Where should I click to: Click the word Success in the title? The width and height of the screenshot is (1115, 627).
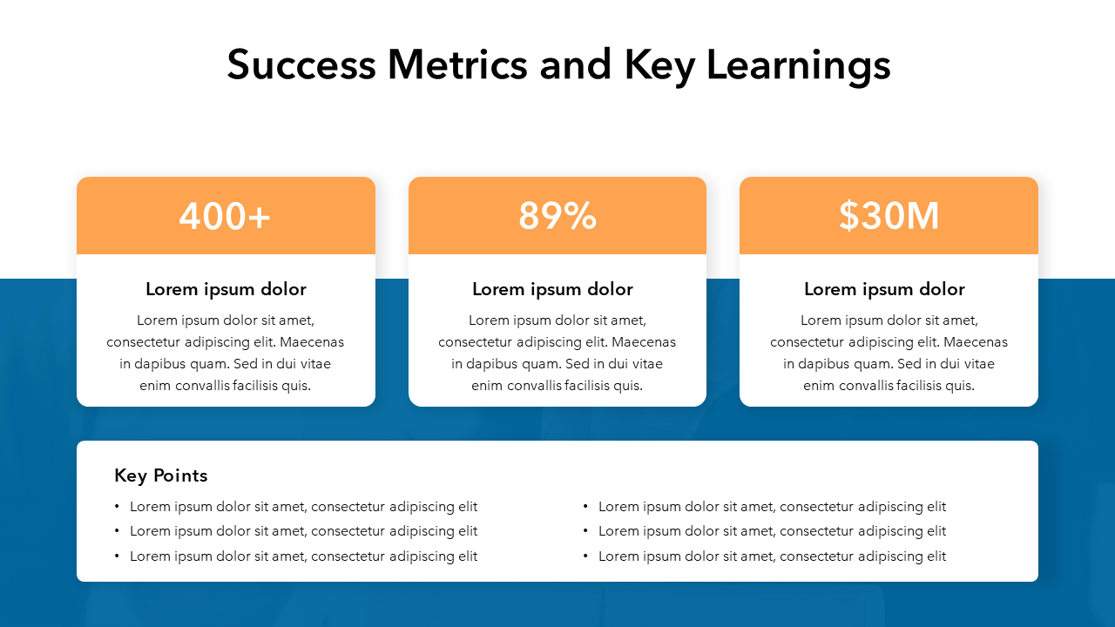point(301,64)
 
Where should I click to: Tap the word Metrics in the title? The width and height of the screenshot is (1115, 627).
point(457,64)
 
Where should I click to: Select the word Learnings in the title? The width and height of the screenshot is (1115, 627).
point(799,67)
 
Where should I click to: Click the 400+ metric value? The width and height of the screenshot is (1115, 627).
point(225,216)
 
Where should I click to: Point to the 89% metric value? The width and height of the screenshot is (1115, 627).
point(557,216)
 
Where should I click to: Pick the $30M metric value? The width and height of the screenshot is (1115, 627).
point(889,216)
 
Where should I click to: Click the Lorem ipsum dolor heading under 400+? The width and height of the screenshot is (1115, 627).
point(226,289)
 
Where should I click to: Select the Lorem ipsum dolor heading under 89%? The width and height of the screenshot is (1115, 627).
point(552,289)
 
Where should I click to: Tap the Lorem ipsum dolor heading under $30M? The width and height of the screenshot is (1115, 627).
point(884,289)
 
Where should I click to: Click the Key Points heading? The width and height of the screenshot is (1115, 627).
point(161,475)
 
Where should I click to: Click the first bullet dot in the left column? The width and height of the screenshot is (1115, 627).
point(117,507)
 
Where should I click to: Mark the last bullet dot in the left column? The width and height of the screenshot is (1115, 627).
point(117,556)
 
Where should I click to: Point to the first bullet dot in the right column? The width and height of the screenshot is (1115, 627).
point(585,507)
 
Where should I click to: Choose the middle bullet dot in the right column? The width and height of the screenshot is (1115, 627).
point(585,531)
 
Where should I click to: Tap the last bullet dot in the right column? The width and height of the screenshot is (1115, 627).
point(585,556)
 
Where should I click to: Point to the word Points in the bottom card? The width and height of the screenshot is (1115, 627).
point(180,475)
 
